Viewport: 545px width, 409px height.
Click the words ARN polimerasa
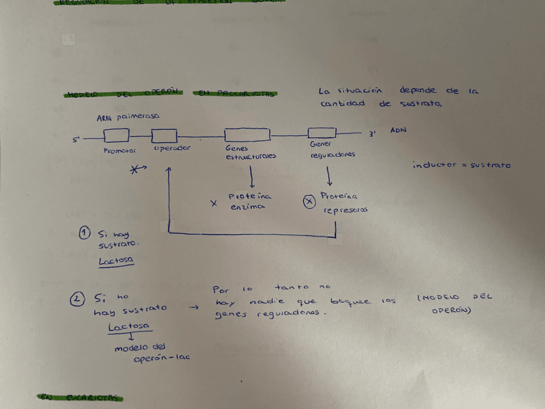[x=128, y=118]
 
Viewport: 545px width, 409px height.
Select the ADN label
[x=398, y=131]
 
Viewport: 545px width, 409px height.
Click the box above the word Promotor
[x=117, y=136]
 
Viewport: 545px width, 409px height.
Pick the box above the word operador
[x=164, y=136]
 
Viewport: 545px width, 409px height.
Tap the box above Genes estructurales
[x=247, y=135]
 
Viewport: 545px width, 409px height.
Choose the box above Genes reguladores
[x=321, y=133]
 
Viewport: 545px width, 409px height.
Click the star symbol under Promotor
[x=137, y=169]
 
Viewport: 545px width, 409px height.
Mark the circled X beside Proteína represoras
[x=308, y=202]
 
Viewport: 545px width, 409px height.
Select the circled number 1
[x=85, y=232]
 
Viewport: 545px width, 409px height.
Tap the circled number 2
[x=77, y=298]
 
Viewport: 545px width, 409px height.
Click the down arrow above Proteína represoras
[x=329, y=174]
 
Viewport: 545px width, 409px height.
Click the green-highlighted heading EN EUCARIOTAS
[x=80, y=397]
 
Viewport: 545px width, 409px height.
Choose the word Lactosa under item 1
[x=117, y=261]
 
